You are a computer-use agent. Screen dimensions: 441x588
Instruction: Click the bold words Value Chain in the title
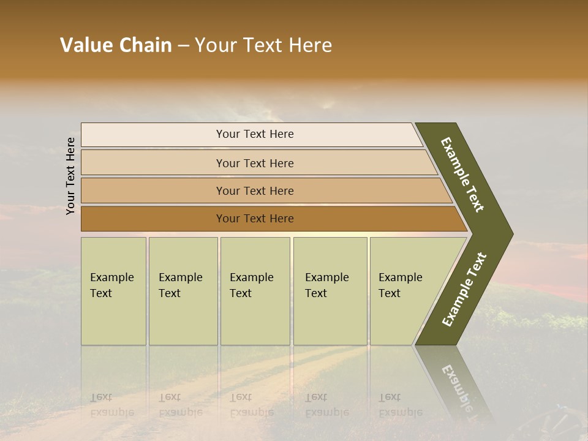pos(116,45)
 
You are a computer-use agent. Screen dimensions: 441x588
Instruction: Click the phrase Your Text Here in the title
pos(263,45)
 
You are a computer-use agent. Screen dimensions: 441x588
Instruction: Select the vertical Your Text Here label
pos(70,176)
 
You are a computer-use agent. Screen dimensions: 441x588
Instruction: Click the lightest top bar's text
pos(255,134)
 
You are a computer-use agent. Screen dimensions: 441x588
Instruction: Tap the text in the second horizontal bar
pos(255,163)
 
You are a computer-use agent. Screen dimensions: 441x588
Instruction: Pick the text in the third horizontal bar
pos(255,190)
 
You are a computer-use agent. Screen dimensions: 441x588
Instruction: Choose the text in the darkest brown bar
pos(255,219)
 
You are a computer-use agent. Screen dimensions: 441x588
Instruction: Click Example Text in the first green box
pos(111,285)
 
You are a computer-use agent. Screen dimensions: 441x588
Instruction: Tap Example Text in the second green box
pos(180,285)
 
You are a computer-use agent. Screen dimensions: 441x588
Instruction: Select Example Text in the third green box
pos(251,285)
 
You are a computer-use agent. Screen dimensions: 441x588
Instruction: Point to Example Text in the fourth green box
pos(326,285)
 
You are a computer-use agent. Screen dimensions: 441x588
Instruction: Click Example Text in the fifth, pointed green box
pos(400,285)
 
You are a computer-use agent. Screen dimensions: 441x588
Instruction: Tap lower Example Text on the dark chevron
pos(464,290)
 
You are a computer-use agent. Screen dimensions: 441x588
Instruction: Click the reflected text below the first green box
pos(111,405)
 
